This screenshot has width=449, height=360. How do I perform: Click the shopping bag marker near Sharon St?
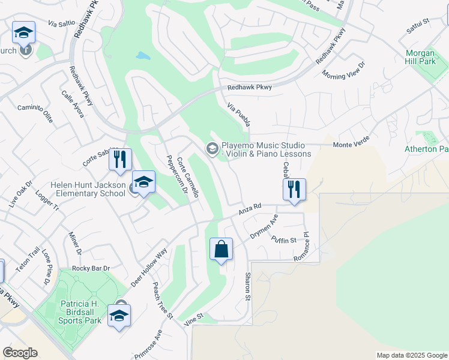[x=221, y=249]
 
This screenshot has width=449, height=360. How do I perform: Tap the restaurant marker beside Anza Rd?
[x=294, y=190]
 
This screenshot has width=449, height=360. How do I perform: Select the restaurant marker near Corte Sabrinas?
[x=120, y=160]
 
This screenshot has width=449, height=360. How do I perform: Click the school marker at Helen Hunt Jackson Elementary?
[x=143, y=182]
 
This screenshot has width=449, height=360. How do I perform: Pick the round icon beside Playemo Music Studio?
[x=212, y=148]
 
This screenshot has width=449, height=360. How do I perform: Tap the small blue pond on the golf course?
[x=143, y=56]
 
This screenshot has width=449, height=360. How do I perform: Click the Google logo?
[x=20, y=353]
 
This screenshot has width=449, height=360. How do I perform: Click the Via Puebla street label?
[x=238, y=114]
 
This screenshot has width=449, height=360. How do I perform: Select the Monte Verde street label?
[x=351, y=145]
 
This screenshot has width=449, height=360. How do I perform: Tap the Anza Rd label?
[x=250, y=208]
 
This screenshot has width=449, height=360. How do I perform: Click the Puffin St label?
[x=284, y=239]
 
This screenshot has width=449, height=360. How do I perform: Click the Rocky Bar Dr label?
[x=91, y=268]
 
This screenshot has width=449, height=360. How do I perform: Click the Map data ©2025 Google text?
[x=411, y=355]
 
